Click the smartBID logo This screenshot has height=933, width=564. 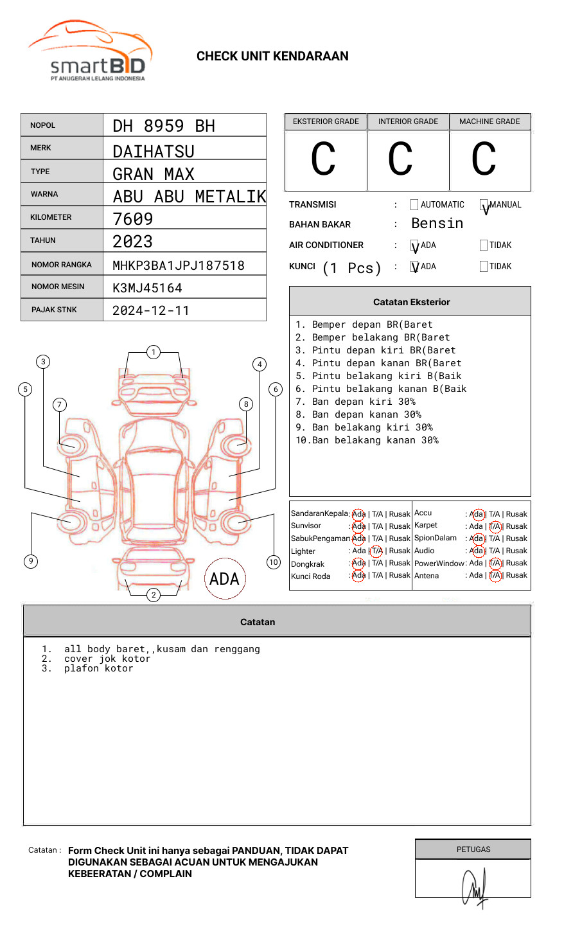click(90, 51)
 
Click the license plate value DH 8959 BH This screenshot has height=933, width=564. click(164, 126)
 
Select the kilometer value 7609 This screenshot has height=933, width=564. click(133, 219)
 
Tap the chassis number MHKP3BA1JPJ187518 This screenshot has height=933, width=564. click(179, 265)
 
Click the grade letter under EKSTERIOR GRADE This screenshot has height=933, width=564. click(324, 159)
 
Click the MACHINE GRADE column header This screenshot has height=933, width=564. click(489, 121)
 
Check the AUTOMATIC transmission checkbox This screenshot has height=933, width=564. click(414, 205)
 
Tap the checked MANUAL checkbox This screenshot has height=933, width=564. click(484, 206)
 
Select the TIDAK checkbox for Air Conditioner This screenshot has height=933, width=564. click(484, 245)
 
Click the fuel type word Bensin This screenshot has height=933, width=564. click(437, 224)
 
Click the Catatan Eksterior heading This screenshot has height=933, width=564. click(411, 302)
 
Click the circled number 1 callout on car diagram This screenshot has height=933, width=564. click(153, 352)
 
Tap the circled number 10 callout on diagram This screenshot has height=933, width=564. click(274, 562)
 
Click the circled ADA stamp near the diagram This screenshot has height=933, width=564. click(225, 579)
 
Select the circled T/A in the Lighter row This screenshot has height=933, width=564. click(376, 551)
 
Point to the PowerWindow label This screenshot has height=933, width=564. click(439, 564)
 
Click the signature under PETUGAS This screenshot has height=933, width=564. click(474, 887)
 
